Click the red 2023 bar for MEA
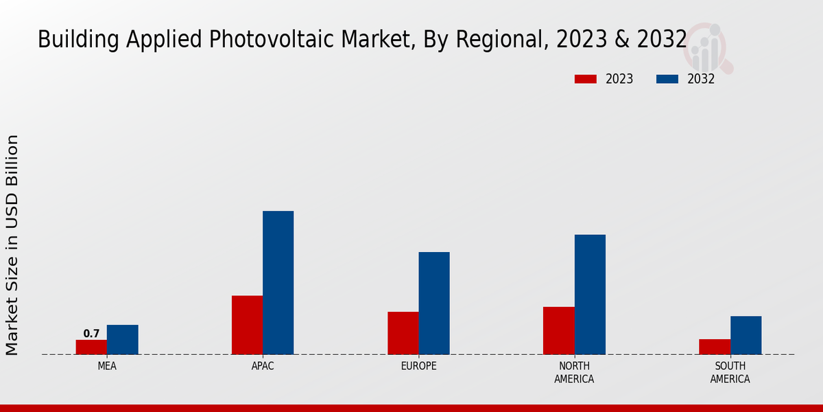click(91, 347)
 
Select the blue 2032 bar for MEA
click(122, 339)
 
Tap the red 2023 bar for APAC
click(247, 325)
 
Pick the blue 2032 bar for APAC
click(278, 282)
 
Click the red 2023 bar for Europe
click(403, 333)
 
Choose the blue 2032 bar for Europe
click(434, 303)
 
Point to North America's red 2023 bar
click(558, 330)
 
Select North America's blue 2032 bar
click(590, 295)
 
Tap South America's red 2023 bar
click(714, 347)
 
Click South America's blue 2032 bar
click(746, 335)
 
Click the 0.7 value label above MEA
click(91, 334)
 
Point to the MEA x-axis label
click(107, 366)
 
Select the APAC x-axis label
click(263, 366)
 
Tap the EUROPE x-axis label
click(418, 366)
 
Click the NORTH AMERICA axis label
click(574, 372)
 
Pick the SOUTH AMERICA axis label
click(730, 372)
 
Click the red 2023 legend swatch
click(585, 79)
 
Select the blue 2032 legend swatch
click(667, 79)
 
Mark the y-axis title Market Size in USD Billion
click(12, 245)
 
